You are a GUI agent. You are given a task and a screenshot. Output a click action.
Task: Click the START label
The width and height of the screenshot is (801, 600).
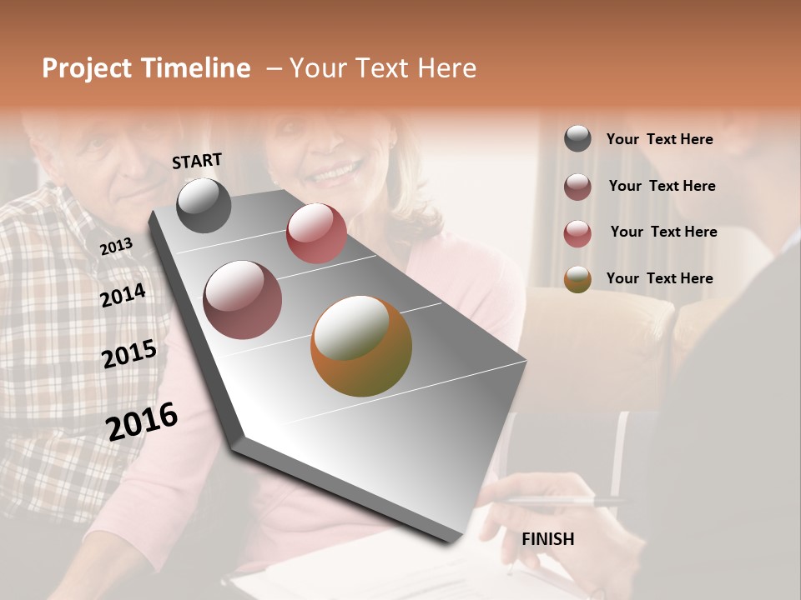[197, 161]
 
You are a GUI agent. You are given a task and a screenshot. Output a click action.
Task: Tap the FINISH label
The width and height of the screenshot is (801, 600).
[547, 539]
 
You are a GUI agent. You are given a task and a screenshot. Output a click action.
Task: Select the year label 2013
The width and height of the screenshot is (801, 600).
[116, 247]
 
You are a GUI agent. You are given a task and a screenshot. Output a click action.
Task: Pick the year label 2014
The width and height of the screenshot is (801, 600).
[123, 295]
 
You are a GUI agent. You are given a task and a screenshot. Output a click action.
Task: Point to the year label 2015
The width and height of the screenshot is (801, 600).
[129, 354]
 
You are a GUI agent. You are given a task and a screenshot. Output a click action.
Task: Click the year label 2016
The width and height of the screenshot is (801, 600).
[142, 421]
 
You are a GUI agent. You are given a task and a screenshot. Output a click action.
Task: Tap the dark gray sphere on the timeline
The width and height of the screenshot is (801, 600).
[204, 205]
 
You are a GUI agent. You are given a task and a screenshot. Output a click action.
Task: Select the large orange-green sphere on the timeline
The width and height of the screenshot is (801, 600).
[361, 346]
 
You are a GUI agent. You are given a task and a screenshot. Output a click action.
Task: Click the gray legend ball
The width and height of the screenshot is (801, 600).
[577, 138]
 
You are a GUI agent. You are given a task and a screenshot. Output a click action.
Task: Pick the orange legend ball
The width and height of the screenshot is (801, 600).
[577, 279]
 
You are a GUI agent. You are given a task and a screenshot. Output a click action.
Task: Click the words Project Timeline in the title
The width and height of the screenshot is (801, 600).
[146, 68]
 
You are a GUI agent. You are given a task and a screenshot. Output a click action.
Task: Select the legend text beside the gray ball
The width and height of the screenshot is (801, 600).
[659, 139]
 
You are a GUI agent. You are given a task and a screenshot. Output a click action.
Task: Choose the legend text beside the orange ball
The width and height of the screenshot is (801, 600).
[659, 278]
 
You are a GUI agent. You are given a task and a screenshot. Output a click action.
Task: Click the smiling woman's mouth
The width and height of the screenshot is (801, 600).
[335, 173]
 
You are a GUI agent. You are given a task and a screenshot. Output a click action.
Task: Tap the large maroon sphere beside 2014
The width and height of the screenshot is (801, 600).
[243, 300]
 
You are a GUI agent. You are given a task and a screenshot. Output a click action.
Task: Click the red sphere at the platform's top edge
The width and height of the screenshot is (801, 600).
[316, 233]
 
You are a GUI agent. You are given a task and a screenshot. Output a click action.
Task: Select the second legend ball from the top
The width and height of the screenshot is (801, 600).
[577, 187]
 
